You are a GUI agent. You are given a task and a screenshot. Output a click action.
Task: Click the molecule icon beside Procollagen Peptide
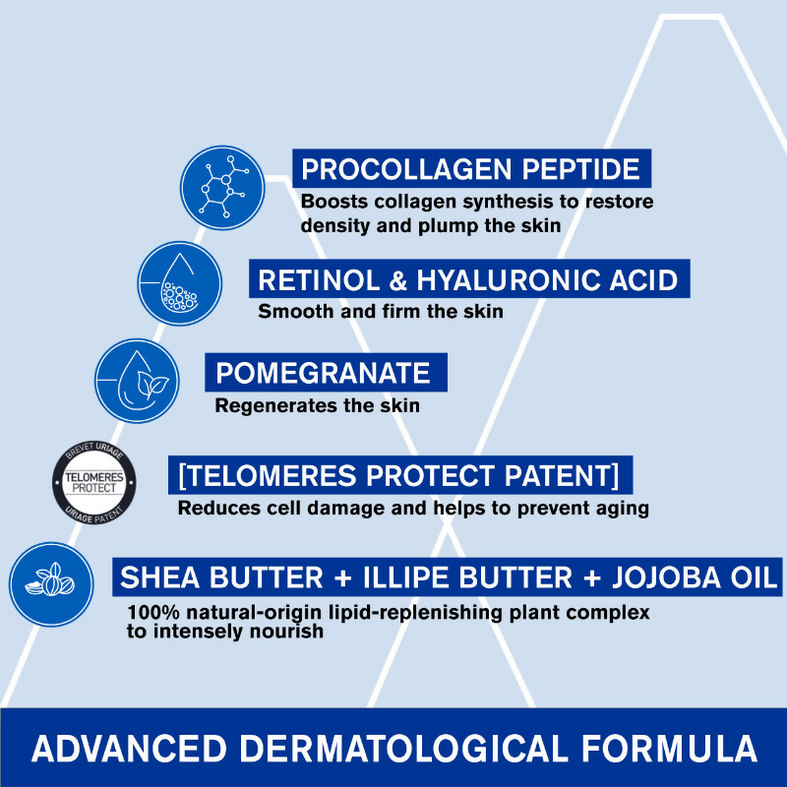pyautogui.click(x=222, y=189)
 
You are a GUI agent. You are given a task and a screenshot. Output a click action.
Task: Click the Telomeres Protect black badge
pyautogui.click(x=93, y=481)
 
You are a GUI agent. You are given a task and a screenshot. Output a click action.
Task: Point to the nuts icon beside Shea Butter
pyautogui.click(x=51, y=582)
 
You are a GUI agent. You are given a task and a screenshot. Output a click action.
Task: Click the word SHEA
pyautogui.click(x=156, y=576)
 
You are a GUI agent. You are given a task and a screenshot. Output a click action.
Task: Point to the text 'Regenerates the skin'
pyautogui.click(x=317, y=405)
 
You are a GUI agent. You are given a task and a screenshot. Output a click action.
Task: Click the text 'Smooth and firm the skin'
pyautogui.click(x=380, y=313)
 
